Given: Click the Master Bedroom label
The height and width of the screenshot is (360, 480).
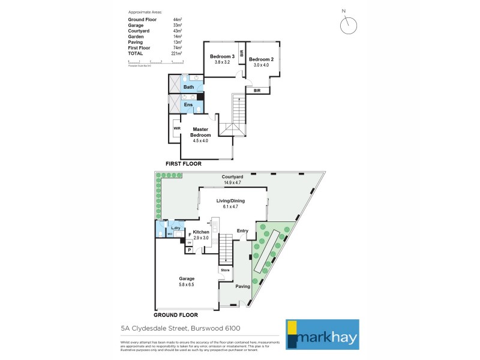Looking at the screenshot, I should [x=200, y=133].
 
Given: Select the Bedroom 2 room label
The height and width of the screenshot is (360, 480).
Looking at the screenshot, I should [x=261, y=59].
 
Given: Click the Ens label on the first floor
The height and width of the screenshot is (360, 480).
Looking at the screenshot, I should [x=188, y=105].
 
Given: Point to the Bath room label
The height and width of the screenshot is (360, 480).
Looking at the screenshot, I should [x=188, y=87].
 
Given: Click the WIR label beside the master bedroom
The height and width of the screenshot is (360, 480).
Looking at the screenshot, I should [x=177, y=128].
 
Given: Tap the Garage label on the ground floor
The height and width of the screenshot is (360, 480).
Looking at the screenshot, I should [x=186, y=278].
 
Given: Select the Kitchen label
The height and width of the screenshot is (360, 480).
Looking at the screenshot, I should [x=201, y=232].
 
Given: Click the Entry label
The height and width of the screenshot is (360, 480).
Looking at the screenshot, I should [x=242, y=231].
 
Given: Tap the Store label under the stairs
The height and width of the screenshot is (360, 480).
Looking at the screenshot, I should [x=225, y=271].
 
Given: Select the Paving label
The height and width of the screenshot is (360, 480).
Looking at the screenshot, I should [x=242, y=286].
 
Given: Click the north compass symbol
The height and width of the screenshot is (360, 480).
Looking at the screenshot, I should [x=347, y=25].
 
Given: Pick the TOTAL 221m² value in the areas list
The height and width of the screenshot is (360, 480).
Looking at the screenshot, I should [x=176, y=53].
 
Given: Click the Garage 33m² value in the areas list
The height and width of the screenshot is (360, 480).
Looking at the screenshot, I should [x=177, y=25].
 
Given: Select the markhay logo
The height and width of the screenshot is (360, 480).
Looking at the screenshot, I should [x=322, y=334].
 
